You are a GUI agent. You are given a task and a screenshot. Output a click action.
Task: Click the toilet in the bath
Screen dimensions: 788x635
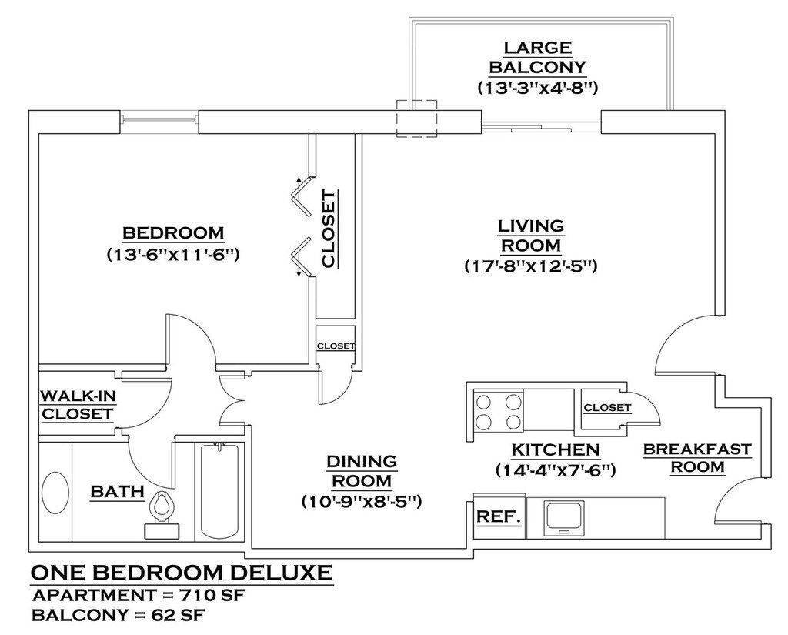pos(162,516)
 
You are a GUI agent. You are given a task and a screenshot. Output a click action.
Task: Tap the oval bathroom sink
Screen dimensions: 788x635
pos(55,492)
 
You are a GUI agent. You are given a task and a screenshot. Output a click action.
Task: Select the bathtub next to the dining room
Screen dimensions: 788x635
pos(219,491)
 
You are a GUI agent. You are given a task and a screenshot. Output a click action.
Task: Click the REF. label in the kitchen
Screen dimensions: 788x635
pos(498,516)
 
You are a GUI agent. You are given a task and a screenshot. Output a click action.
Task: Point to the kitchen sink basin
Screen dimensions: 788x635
pos(563,517)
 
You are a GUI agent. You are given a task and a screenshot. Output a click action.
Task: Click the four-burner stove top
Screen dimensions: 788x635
pos(498,411)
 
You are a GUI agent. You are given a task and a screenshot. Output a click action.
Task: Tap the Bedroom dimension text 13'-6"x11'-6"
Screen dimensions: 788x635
pos(172,255)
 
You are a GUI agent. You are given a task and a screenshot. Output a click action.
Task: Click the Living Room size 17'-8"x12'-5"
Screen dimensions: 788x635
pos(531,266)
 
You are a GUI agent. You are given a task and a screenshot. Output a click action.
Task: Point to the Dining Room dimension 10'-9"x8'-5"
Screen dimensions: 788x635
pos(362,502)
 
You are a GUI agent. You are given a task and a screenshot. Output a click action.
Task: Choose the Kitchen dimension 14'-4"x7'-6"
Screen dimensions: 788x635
pos(556,470)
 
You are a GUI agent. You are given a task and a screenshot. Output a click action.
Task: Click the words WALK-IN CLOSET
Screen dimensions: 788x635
pos(78,405)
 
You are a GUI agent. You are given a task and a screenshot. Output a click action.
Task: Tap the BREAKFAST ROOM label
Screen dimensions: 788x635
pos(697,457)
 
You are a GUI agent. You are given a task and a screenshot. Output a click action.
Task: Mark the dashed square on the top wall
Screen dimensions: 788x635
pos(416,119)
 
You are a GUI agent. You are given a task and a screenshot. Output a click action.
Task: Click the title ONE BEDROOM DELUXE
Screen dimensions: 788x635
pos(182,572)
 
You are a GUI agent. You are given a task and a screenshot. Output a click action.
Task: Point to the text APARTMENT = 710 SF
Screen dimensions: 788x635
pos(139,596)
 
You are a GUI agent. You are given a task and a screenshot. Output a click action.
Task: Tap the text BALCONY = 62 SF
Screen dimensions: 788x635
pos(119,616)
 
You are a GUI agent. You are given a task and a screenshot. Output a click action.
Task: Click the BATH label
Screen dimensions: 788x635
pos(118,492)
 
